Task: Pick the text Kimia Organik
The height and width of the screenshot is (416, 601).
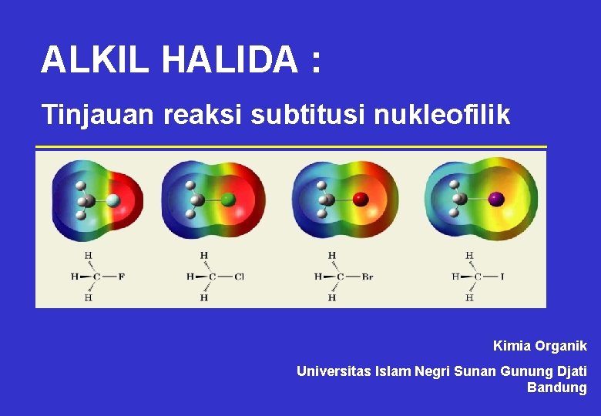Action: tap(539, 347)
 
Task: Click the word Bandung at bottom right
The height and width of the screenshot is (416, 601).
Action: tap(556, 387)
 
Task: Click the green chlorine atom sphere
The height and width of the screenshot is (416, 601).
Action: tap(228, 200)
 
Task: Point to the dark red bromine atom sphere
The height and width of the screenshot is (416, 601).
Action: tap(361, 200)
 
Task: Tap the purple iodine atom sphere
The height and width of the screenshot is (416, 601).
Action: tap(496, 199)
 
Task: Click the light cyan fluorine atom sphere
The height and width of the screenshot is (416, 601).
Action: tap(113, 200)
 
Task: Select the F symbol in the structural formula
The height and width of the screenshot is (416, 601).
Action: tap(121, 277)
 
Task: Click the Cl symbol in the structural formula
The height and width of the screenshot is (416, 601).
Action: tap(239, 277)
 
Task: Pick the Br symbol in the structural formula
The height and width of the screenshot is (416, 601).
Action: tap(367, 277)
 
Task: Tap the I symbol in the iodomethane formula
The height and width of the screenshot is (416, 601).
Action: tap(502, 277)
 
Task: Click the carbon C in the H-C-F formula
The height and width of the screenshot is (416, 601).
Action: tap(97, 277)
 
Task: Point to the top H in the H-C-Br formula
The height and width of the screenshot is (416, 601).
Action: tap(331, 256)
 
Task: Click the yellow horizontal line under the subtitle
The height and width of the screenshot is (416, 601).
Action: tap(291, 146)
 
